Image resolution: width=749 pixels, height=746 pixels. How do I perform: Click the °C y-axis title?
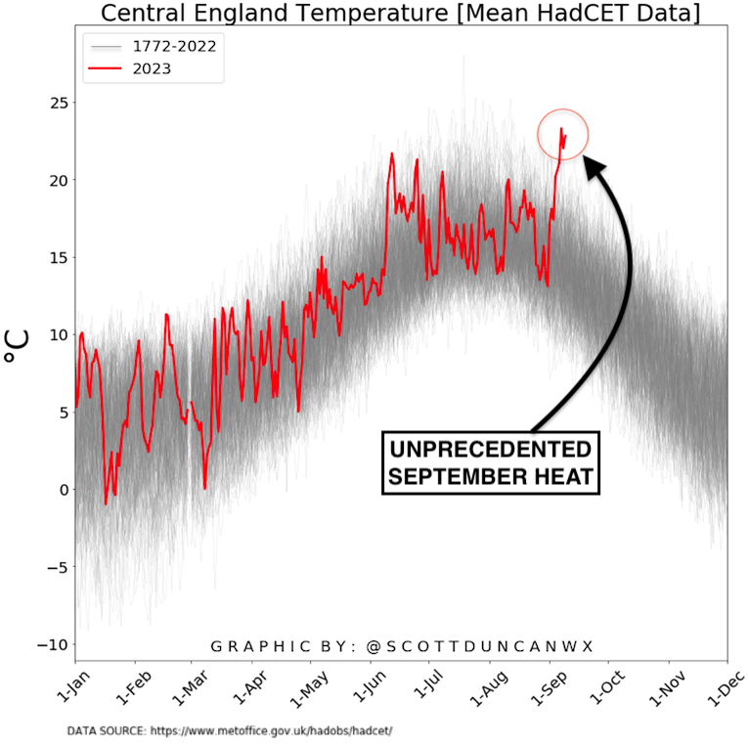coord(17,346)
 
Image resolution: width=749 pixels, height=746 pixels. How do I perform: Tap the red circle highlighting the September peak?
coord(563,134)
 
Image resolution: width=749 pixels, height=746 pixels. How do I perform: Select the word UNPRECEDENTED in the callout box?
coord(490,451)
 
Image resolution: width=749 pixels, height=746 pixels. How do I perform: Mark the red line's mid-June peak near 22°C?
coord(392,154)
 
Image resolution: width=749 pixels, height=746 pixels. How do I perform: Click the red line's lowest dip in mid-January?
coord(107,504)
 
